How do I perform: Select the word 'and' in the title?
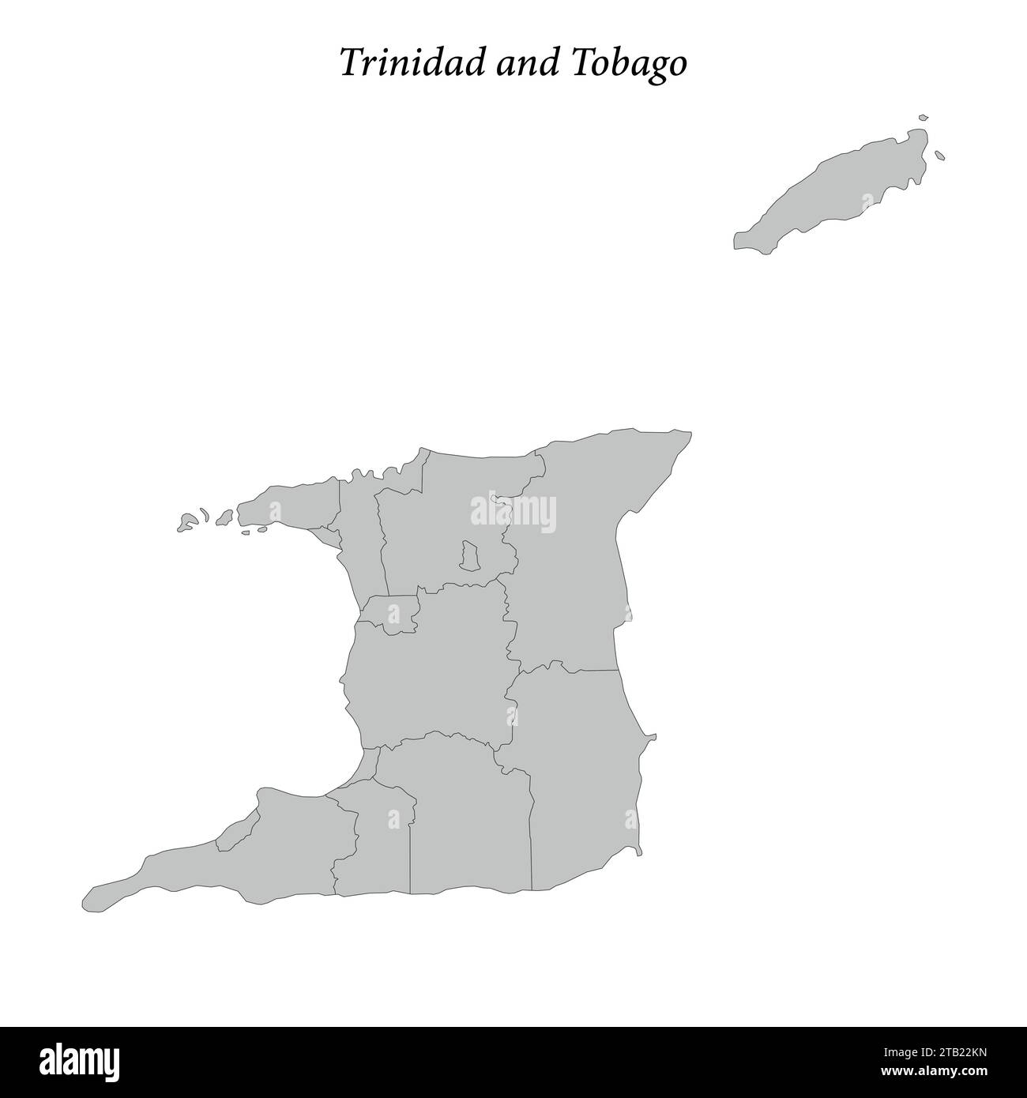point(525,64)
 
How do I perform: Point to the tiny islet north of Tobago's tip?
point(923,118)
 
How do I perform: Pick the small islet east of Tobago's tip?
point(939,155)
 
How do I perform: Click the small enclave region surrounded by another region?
point(469,555)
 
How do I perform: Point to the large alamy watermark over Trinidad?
point(513,513)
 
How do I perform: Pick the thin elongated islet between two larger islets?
point(204,515)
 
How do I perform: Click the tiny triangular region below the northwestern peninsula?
point(331,538)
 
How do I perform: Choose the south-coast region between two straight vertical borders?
point(470,829)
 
